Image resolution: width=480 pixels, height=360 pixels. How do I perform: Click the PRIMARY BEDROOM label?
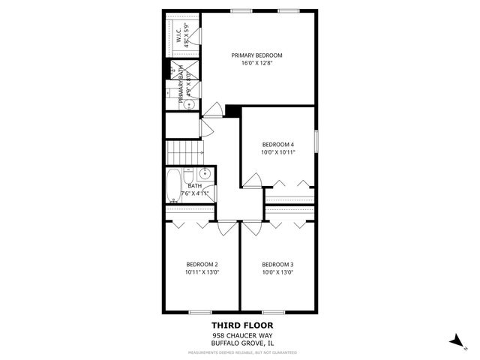[256, 55]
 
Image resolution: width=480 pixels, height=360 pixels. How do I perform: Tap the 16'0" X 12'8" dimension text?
[256, 63]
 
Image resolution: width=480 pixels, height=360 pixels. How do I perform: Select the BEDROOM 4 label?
[277, 144]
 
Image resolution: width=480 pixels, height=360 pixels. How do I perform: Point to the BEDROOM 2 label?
[202, 264]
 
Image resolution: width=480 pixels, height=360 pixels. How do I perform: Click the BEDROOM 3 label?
[277, 264]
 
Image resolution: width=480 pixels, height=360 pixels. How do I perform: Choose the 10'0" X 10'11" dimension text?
[277, 152]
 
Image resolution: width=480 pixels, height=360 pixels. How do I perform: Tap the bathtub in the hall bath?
[174, 183]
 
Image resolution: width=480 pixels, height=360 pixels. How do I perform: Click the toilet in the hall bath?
[210, 193]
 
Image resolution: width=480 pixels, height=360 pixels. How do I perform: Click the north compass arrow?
[454, 340]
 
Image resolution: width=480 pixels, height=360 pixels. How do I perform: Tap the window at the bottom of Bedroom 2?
[199, 312]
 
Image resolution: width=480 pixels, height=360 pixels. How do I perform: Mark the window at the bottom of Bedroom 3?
[273, 312]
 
